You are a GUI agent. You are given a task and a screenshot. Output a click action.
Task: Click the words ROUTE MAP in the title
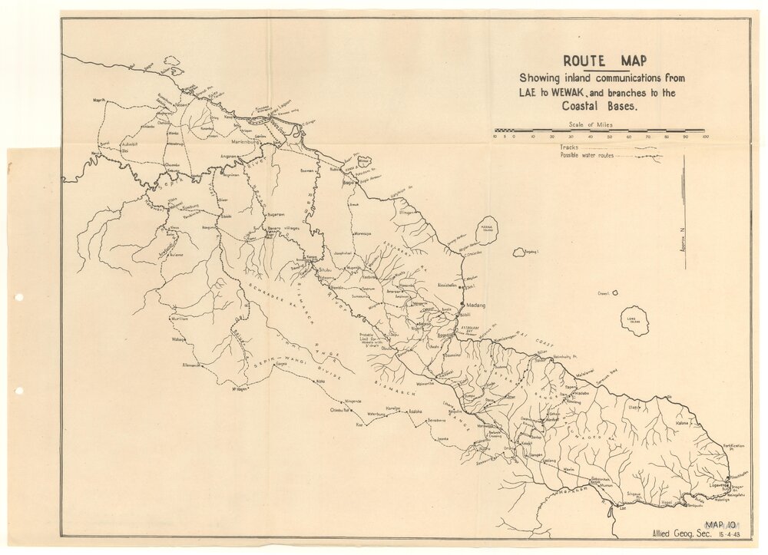coord(605,61)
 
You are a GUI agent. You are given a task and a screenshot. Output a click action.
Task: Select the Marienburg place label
coord(247,141)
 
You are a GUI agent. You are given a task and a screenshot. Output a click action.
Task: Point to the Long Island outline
coord(635,319)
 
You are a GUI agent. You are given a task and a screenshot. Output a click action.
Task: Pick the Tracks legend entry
coord(569,147)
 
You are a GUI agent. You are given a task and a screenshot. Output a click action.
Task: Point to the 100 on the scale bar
coord(704,137)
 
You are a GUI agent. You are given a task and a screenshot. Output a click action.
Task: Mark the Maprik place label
coord(98,101)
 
